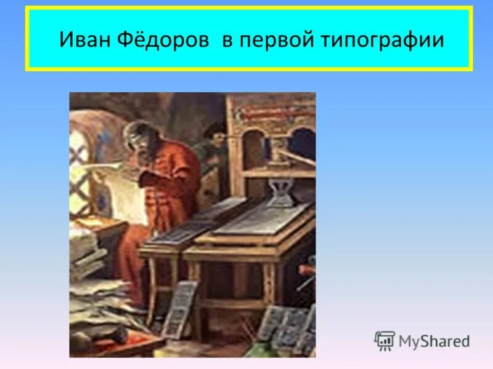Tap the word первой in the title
pos(272,40)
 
